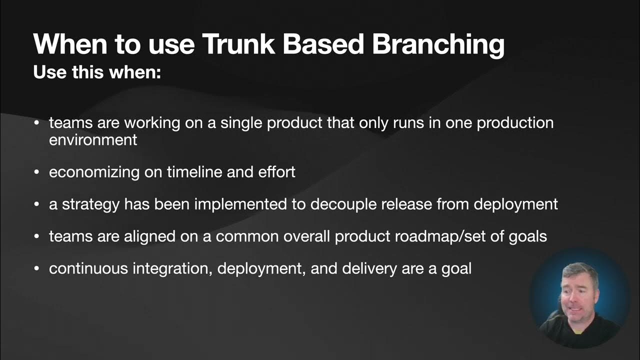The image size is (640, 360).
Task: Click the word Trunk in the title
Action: point(238,44)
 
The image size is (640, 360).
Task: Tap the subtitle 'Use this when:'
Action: point(97,72)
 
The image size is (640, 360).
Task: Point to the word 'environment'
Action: point(93,139)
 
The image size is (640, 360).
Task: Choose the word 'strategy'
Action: point(91,204)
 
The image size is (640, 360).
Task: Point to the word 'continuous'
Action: point(88,268)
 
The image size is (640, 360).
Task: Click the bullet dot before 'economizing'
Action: point(36,172)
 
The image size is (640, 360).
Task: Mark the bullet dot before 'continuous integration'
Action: point(36,269)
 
